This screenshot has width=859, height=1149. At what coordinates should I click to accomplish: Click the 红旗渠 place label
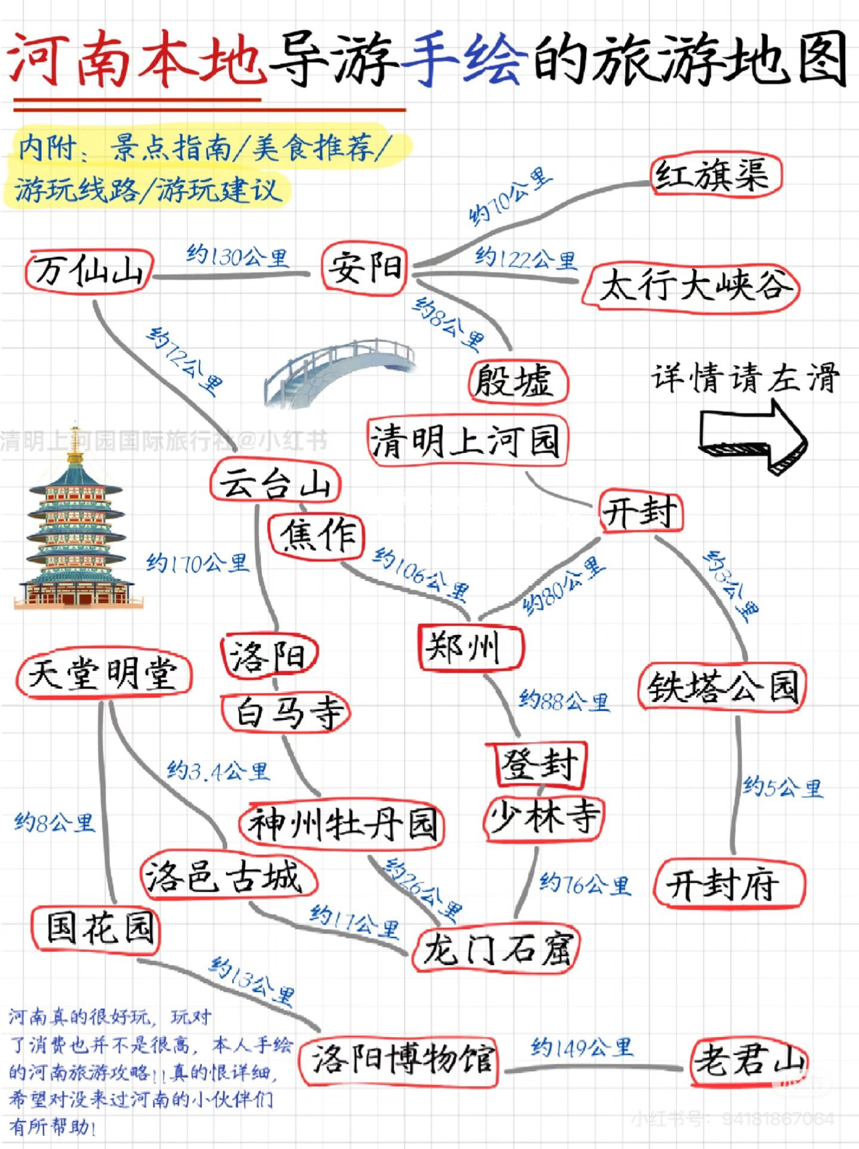(x=715, y=175)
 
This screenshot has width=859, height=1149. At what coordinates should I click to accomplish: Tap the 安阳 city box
(x=364, y=268)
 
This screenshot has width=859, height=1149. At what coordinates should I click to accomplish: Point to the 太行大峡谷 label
(x=692, y=286)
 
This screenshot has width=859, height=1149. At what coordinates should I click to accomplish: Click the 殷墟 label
(x=517, y=382)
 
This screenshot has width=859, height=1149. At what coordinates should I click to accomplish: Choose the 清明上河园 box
(x=466, y=441)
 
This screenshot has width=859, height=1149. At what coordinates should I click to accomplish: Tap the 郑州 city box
(x=469, y=648)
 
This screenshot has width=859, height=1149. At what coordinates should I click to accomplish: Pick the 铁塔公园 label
(x=722, y=687)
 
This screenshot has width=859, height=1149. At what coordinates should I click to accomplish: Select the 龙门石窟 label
(x=496, y=949)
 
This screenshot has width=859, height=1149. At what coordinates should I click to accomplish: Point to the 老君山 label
(x=749, y=1062)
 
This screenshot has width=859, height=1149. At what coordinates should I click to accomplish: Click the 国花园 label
(x=97, y=928)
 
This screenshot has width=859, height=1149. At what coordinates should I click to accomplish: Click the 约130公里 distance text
(x=237, y=257)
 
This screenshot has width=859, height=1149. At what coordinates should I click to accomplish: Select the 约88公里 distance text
(x=564, y=701)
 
